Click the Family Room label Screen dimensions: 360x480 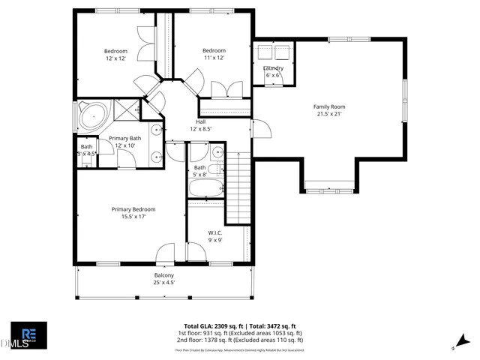(x=327, y=106)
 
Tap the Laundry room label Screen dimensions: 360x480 (x=272, y=68)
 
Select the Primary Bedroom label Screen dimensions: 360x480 (x=133, y=209)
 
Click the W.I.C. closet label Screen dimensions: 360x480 (x=215, y=232)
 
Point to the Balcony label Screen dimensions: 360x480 (x=164, y=276)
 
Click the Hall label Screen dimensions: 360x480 (x=200, y=121)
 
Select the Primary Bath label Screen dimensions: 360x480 (x=124, y=138)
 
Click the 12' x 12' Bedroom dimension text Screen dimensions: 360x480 (x=115, y=58)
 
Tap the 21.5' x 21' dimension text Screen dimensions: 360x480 (x=327, y=114)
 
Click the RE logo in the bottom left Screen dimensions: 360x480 (x=28, y=334)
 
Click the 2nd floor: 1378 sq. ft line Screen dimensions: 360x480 (x=240, y=340)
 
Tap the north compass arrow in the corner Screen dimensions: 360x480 (x=455, y=346)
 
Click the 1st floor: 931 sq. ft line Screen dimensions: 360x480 (x=240, y=333)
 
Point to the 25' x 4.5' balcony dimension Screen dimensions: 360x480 (x=164, y=283)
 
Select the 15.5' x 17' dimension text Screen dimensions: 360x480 (x=133, y=217)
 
